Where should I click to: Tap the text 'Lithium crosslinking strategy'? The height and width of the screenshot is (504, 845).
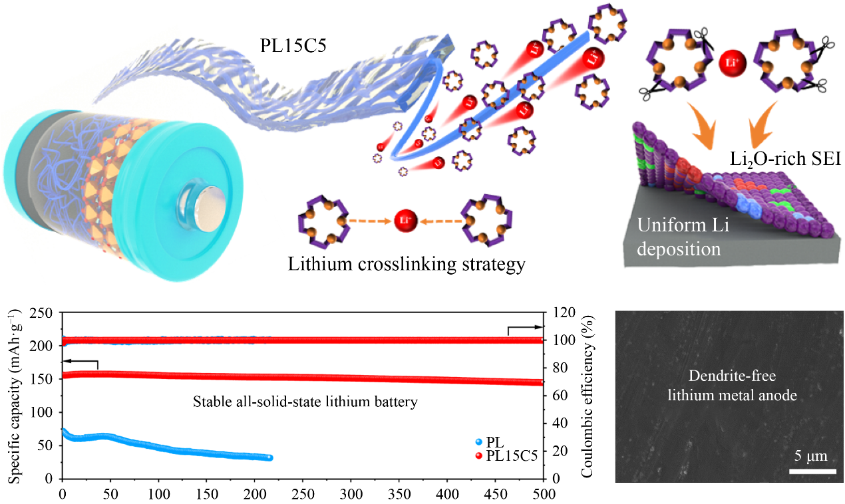click(407, 264)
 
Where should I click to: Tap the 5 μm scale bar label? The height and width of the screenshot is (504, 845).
click(810, 457)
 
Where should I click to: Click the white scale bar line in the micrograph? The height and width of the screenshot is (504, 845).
click(812, 471)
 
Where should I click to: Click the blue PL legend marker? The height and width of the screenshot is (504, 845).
click(478, 441)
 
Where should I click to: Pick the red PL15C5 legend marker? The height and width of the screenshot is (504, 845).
click(478, 456)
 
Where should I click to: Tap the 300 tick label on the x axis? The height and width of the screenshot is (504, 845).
click(351, 495)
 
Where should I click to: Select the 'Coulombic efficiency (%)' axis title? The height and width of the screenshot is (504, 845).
click(587, 395)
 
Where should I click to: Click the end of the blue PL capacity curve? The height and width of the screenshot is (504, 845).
click(269, 457)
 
